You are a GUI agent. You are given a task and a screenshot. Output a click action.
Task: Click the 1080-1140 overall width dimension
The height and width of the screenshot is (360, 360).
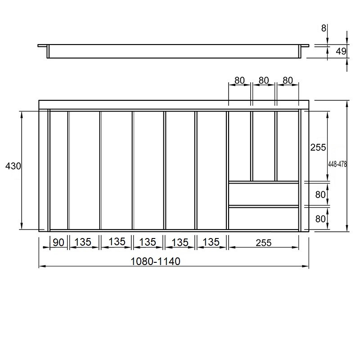(155, 261)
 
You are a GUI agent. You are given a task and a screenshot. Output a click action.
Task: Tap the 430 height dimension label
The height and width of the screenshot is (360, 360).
(13, 166)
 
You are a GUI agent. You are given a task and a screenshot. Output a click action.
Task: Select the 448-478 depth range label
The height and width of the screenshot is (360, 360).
(337, 164)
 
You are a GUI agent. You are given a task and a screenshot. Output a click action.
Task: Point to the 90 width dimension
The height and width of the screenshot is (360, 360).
(58, 243)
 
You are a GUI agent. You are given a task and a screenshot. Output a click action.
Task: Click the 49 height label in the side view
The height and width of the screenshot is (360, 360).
(341, 51)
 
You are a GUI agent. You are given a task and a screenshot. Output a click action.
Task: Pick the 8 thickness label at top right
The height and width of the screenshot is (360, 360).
(324, 28)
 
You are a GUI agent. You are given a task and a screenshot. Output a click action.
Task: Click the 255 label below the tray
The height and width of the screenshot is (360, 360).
(264, 243)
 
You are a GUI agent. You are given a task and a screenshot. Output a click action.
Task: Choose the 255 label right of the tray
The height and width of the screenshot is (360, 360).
(318, 148)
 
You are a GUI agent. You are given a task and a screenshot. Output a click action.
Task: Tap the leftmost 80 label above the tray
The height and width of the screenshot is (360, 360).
(239, 81)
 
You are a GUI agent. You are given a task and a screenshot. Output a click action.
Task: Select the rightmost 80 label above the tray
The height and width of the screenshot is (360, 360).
(288, 81)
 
